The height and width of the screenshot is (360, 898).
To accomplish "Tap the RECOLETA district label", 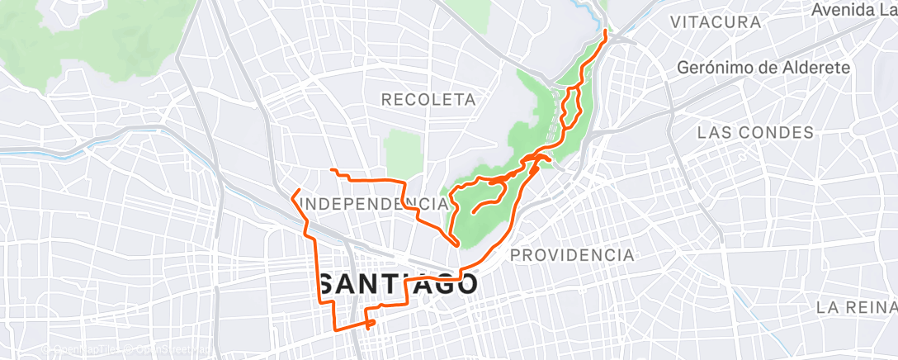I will click(428, 100).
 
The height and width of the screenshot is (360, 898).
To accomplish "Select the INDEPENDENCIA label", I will click(375, 203).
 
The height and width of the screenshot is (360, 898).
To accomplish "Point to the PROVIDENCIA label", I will click(572, 255).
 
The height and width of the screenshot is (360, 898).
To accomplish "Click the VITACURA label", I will click(716, 22).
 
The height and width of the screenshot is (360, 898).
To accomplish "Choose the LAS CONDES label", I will click(755, 132).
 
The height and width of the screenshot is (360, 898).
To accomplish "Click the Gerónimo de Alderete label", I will click(763, 69).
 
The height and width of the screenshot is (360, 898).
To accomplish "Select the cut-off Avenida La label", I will click(853, 11).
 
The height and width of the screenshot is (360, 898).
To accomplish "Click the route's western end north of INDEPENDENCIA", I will click(332, 170).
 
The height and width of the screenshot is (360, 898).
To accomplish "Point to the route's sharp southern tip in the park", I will click(456, 244).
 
